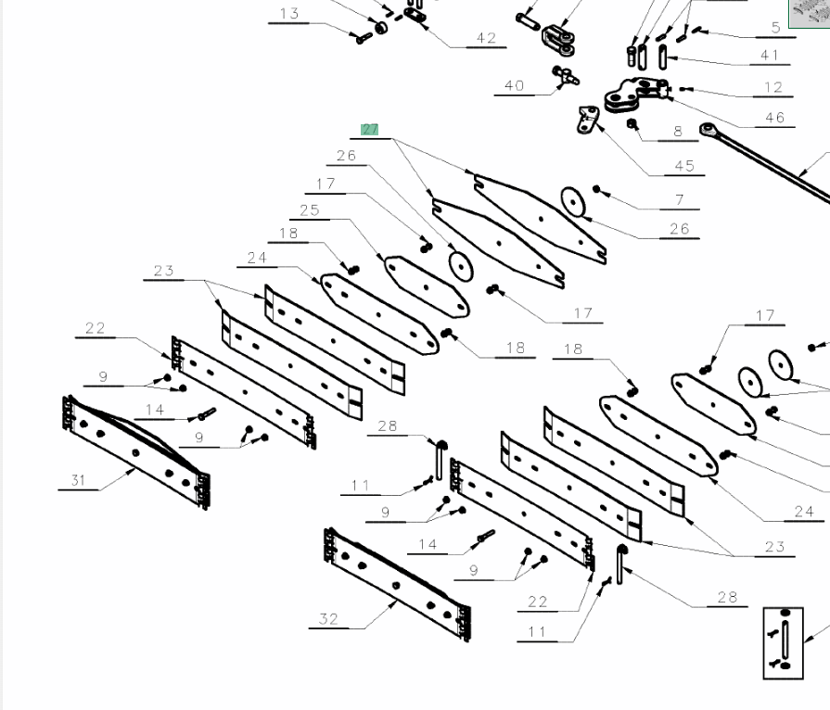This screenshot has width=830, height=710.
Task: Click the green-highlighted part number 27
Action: click(x=370, y=129)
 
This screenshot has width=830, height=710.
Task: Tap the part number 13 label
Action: click(x=289, y=14)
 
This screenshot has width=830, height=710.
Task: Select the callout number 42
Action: click(x=486, y=38)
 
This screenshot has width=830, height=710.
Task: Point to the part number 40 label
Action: click(x=514, y=85)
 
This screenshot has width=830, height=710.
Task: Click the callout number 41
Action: click(x=770, y=56)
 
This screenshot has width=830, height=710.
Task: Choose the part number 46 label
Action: click(x=774, y=117)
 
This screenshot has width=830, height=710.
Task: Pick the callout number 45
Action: click(x=684, y=166)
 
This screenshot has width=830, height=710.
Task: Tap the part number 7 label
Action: click(x=680, y=199)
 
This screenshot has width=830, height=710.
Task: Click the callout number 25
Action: click(x=309, y=210)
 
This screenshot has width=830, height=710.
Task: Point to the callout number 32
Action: click(x=328, y=619)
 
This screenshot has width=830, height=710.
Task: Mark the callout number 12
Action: click(x=773, y=87)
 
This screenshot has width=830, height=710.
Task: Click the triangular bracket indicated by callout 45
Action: click(x=587, y=120)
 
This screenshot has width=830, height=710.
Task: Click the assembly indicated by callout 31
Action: click(x=137, y=450)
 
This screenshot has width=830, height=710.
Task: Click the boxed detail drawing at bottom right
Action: click(x=783, y=642)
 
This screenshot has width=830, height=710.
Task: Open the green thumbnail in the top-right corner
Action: click(x=809, y=13)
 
